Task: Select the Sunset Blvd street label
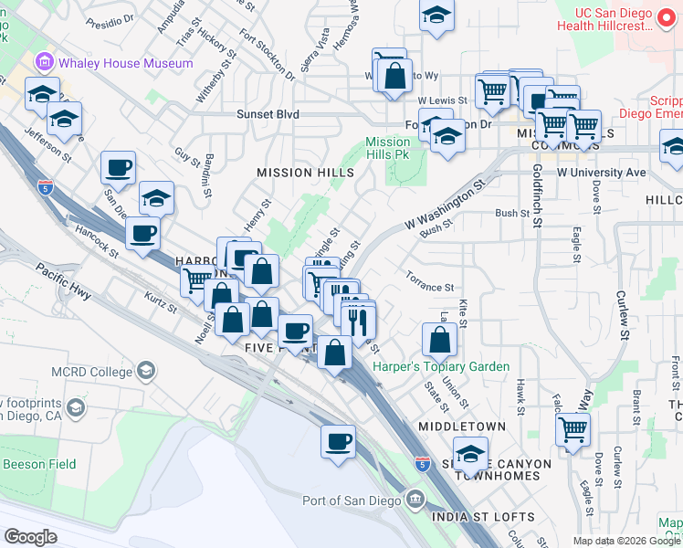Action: coord(268,115)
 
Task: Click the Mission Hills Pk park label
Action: coord(388,148)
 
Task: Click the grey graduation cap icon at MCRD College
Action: coord(146,370)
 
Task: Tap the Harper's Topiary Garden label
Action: coord(441,366)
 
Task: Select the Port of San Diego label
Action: coord(352,500)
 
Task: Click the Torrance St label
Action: coord(430,287)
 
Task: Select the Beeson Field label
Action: coord(26,464)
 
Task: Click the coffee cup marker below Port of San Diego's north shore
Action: coord(338,441)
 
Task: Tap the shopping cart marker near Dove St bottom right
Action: coord(573,427)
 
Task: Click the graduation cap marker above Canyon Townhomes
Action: coord(470,452)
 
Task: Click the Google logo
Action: coord(30,537)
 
